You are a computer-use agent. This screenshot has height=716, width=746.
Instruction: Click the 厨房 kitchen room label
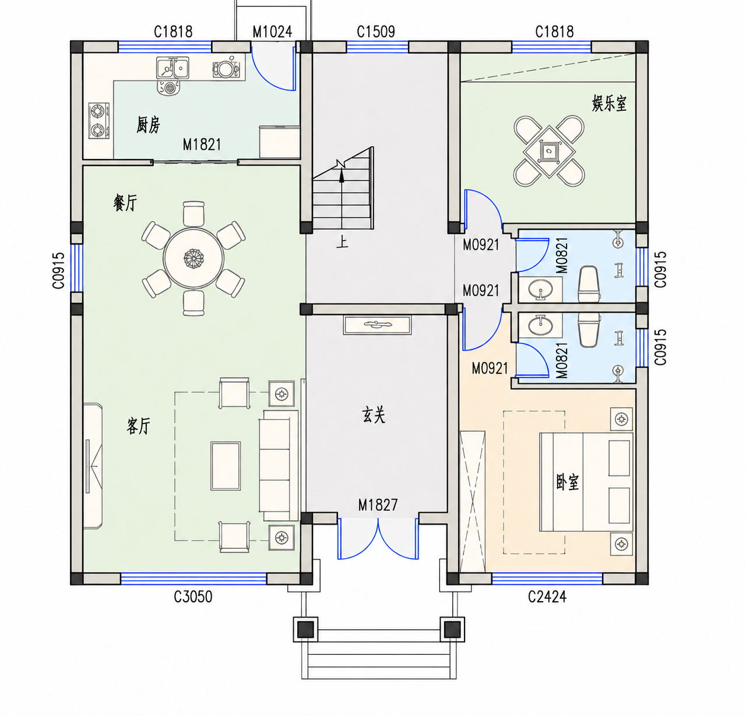tap(148, 125)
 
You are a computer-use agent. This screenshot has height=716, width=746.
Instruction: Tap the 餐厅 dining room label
tap(125, 202)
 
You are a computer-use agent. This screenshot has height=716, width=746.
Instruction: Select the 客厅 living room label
tap(138, 425)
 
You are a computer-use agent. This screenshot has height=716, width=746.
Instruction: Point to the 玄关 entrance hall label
tap(374, 415)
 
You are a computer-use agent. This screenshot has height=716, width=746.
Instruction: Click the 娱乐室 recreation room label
tap(609, 104)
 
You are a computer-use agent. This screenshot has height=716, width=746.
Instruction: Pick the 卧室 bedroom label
tap(567, 482)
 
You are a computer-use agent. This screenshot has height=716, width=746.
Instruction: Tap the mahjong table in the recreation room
tap(549, 151)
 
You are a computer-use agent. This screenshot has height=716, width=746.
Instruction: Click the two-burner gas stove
tap(99, 121)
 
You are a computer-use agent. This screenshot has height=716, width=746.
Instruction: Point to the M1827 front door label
tap(378, 505)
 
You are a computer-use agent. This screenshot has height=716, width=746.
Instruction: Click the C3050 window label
tap(193, 597)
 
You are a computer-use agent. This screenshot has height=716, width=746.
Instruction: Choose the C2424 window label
tap(547, 597)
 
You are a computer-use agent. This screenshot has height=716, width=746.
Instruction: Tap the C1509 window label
tap(376, 31)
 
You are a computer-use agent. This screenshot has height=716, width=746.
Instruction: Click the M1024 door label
tap(272, 31)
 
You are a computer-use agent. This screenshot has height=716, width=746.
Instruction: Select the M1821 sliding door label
tap(202, 144)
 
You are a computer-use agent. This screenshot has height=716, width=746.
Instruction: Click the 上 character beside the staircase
tap(342, 242)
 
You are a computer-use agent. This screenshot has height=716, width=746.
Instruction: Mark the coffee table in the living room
tap(226, 465)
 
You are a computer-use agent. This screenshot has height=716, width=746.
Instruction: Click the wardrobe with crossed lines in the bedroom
tap(473, 502)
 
